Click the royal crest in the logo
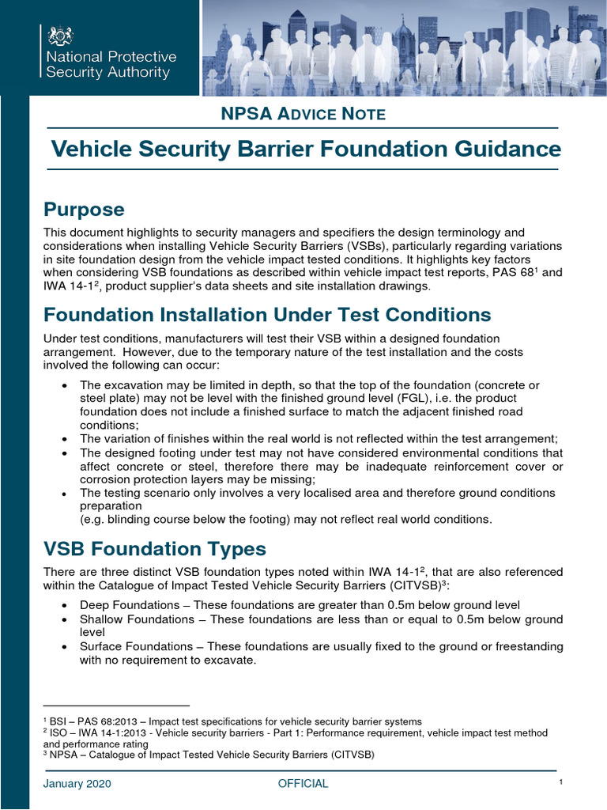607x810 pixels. coord(60,36)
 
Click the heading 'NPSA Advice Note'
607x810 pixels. coord(303,114)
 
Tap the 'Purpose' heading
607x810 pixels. coord(84,210)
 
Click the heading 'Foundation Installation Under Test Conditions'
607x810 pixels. coord(267,315)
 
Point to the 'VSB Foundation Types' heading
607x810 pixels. coord(155,548)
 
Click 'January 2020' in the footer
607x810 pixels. coord(77,784)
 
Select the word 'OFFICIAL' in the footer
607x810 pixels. coord(303,784)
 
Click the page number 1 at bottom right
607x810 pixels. coord(559,782)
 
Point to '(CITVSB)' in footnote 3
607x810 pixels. coord(353,755)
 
